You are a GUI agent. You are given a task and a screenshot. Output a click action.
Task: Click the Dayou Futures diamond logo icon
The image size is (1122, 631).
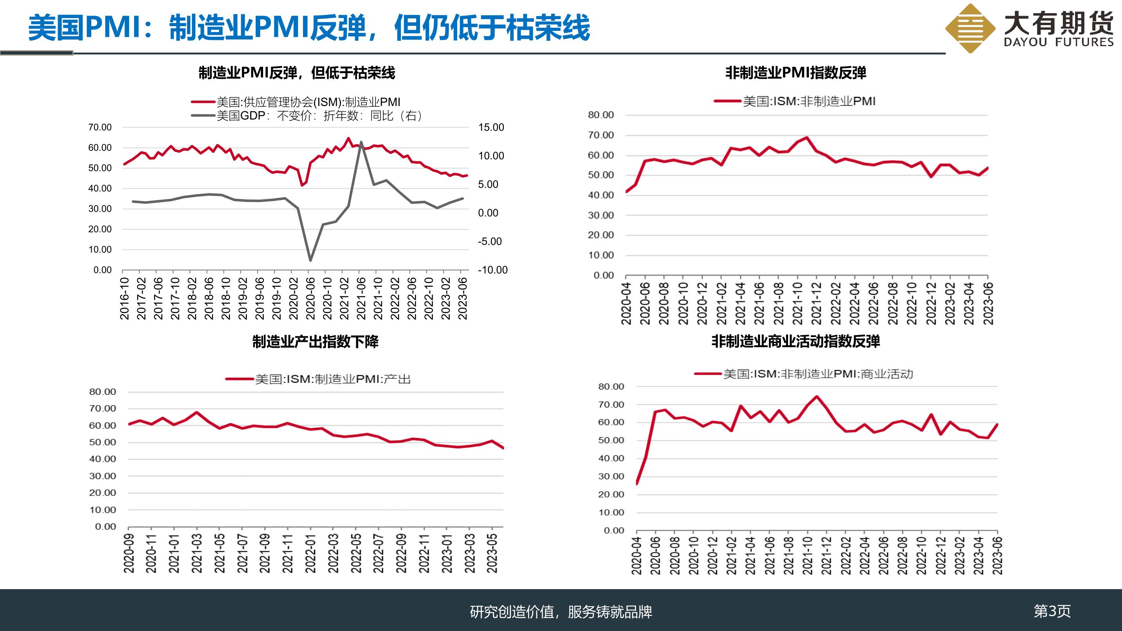tap(970, 29)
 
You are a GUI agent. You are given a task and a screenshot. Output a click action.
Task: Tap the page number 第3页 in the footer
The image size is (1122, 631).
tap(1052, 611)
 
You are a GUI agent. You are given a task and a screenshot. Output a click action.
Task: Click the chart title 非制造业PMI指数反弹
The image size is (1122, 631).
tap(796, 73)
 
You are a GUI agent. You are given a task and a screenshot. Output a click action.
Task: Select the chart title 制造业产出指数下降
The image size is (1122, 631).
tap(316, 342)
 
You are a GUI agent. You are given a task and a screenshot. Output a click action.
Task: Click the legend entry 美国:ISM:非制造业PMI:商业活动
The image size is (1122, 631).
tap(804, 374)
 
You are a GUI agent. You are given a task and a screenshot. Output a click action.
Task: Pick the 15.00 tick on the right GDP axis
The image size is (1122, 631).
tap(491, 128)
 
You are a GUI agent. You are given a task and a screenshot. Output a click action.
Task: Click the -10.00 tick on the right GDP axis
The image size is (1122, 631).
tap(492, 270)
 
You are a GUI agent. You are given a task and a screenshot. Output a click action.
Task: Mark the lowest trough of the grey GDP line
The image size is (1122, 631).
tap(310, 261)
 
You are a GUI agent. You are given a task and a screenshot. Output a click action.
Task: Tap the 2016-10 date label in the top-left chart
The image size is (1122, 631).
tap(125, 298)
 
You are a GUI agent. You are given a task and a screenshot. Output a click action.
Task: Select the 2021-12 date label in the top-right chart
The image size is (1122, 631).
tap(816, 303)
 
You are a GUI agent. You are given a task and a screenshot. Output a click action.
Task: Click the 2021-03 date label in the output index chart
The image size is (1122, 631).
tap(197, 553)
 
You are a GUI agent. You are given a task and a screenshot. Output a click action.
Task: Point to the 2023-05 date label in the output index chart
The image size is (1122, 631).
tap(492, 553)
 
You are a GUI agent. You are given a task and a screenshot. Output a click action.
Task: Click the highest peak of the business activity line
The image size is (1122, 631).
tap(816, 396)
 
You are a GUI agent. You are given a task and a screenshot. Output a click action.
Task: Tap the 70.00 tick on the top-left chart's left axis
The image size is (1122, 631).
tap(100, 128)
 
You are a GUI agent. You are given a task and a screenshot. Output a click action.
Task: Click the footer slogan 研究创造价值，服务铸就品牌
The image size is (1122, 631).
tap(561, 612)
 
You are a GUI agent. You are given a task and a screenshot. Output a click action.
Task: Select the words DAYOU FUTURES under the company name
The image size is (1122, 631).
tap(1059, 42)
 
